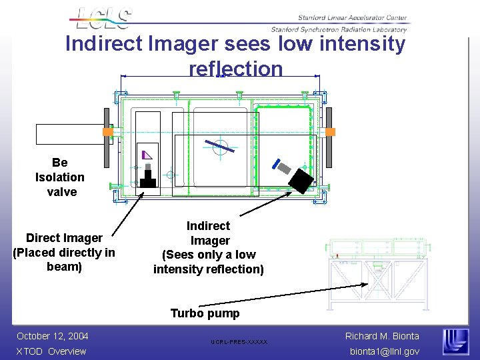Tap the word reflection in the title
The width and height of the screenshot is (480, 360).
(x=236, y=69)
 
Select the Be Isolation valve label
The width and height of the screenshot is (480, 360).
(x=60, y=177)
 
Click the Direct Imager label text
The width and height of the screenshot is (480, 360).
(x=64, y=252)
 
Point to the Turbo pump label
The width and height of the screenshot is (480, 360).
(x=205, y=313)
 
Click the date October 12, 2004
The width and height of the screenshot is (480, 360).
(x=53, y=336)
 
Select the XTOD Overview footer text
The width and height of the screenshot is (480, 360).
(x=51, y=351)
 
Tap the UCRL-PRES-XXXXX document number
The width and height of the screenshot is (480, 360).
(x=239, y=342)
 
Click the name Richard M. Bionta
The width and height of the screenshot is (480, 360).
(x=382, y=336)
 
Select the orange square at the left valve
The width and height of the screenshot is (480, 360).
(x=108, y=132)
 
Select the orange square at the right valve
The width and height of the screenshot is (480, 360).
(x=329, y=131)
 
